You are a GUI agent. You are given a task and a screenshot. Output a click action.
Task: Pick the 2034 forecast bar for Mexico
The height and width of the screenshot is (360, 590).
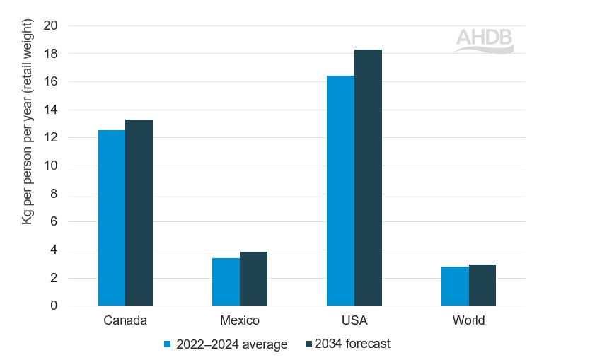pos(253,279)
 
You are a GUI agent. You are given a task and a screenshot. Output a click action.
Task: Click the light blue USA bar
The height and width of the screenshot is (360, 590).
pos(340,191)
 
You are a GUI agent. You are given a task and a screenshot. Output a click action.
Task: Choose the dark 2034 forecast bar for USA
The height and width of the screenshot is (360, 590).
pos(368,178)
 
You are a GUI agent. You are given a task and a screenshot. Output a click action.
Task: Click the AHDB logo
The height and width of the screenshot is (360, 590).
pos(484,40)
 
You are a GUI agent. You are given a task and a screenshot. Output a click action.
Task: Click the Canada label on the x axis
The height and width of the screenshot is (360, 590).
pos(125,320)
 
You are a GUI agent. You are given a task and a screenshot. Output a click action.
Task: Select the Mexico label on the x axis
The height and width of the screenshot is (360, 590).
pos(240,320)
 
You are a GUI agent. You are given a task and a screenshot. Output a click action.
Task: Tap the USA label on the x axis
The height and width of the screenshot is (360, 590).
pos(354,320)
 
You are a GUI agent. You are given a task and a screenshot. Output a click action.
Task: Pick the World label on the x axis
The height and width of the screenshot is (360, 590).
pos(468,320)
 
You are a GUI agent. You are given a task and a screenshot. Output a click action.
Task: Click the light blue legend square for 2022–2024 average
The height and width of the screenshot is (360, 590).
pos(168,344)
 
